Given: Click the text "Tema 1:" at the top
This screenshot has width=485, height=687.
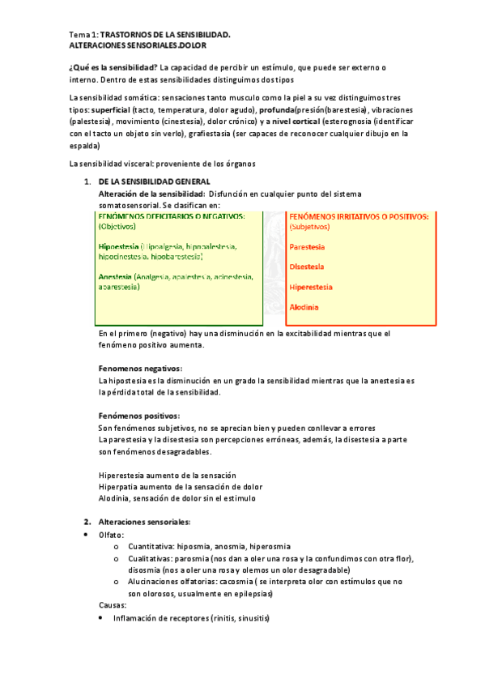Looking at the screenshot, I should (84, 35).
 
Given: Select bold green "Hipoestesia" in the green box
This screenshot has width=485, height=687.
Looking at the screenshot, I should (117, 246).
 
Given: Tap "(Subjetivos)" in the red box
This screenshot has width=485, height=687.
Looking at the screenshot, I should (314, 228).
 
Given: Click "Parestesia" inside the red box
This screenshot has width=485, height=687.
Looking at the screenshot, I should (308, 246).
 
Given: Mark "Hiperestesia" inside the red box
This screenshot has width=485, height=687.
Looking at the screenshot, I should (313, 287).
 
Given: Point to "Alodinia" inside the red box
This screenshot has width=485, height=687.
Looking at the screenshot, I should (304, 307).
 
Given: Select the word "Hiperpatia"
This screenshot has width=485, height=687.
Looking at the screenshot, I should (118, 486).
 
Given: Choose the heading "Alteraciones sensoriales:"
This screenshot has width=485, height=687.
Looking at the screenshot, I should (143, 522).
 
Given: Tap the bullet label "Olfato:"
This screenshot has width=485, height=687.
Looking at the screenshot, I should (112, 535).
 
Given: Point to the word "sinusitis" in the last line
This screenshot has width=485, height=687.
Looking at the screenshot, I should (248, 619).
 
